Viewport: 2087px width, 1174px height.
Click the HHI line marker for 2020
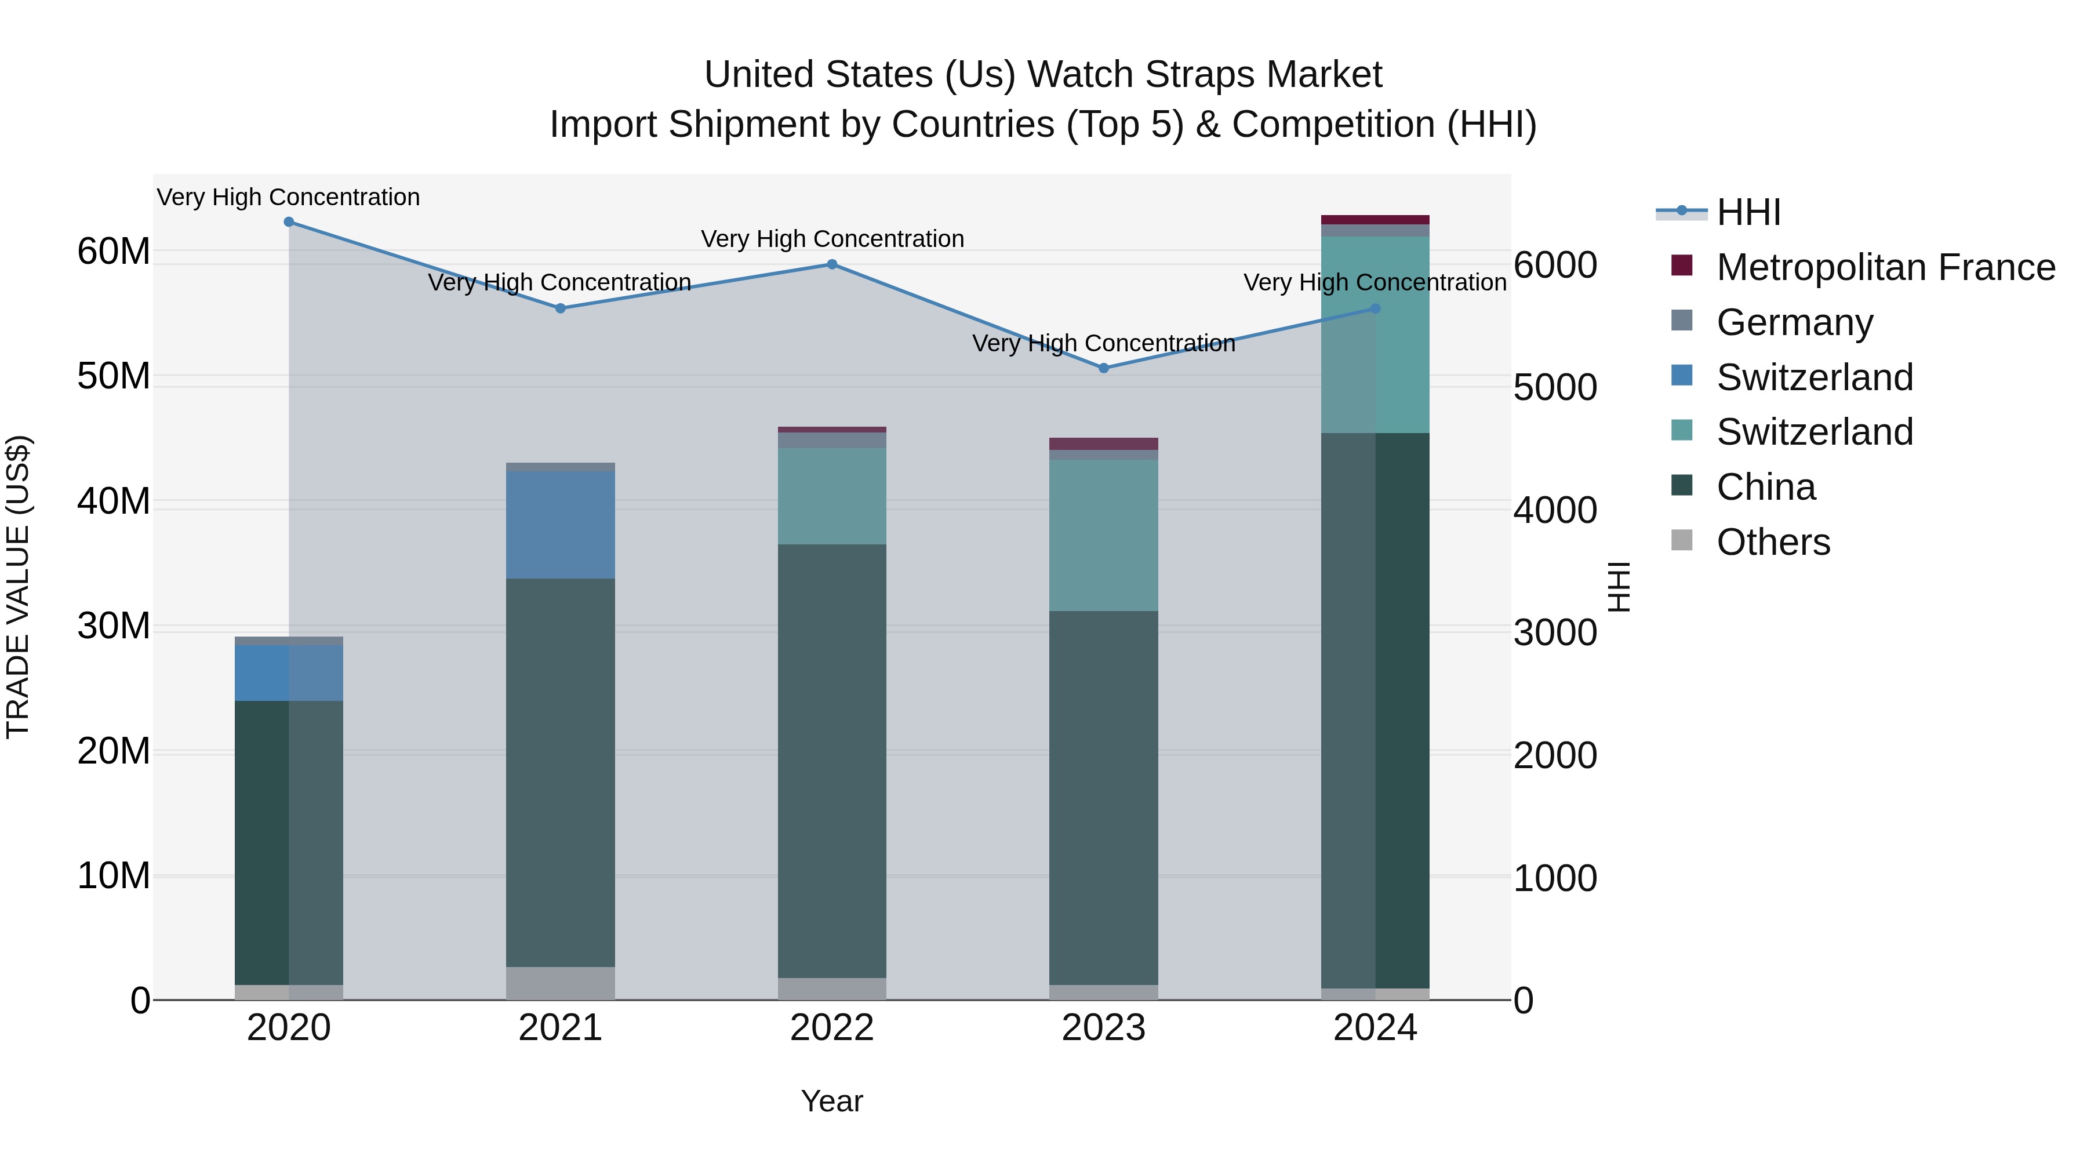coord(289,222)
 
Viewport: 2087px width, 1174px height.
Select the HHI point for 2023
coord(1103,368)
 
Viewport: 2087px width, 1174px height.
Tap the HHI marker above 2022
coord(832,264)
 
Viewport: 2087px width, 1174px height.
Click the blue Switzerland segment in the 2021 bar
coord(560,525)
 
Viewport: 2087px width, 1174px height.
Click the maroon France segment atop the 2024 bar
coord(1375,220)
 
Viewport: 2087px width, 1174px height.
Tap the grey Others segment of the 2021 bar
coord(560,983)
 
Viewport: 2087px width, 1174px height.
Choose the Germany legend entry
coord(1794,322)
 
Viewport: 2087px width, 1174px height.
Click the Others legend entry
coord(1773,542)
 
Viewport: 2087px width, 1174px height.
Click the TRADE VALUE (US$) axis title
coord(18,587)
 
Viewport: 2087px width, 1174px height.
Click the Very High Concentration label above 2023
coord(1103,344)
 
